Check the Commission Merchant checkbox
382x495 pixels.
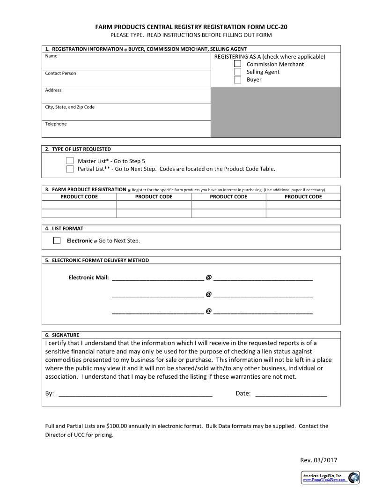(238, 64)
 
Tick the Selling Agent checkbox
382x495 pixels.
(238, 72)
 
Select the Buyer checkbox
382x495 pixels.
(238, 80)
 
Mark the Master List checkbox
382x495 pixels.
(70, 161)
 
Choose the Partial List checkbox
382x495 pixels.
(70, 169)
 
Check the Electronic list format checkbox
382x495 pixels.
(57, 240)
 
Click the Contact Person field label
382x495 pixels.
(60, 73)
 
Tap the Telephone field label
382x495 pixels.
(56, 124)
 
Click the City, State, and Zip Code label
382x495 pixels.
(70, 107)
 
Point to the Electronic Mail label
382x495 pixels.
(88, 277)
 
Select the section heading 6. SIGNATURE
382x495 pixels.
(62, 335)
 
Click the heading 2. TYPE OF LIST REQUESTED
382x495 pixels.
(78, 149)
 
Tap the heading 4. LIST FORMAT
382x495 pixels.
(64, 228)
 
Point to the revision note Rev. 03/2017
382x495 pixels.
(318, 460)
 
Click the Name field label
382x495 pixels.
(51, 56)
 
